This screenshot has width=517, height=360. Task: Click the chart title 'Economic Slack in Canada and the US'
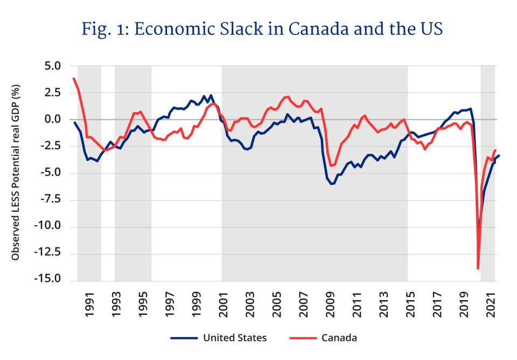pyautogui.click(x=262, y=29)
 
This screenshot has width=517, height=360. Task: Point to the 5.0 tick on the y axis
pyautogui.click(x=53, y=66)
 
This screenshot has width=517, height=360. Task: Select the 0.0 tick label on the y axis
pyautogui.click(x=53, y=119)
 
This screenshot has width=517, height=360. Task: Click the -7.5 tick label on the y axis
pyautogui.click(x=52, y=200)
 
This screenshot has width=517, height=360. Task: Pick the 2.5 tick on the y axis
pyautogui.click(x=53, y=93)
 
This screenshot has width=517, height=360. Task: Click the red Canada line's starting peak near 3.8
pyautogui.click(x=74, y=79)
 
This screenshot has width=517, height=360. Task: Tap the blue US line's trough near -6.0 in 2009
pyautogui.click(x=332, y=184)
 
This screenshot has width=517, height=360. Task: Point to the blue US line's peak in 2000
pyautogui.click(x=211, y=95)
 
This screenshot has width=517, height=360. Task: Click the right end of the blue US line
pyautogui.click(x=499, y=156)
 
